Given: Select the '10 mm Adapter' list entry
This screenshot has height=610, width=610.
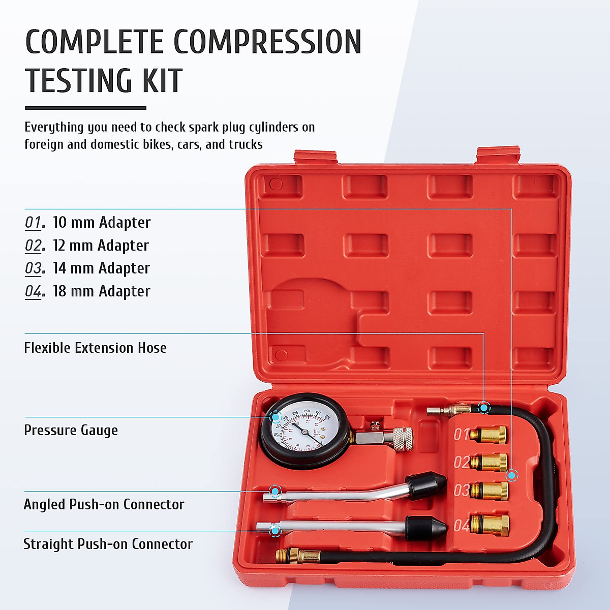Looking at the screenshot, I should (x=101, y=223).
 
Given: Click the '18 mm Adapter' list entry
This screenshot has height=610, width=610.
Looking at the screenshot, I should (x=101, y=291).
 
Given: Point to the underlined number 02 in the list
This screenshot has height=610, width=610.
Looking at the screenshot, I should (x=34, y=246).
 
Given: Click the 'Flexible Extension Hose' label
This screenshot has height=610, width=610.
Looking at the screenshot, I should (x=95, y=348).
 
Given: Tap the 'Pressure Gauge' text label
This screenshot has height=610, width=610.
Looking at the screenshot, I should (x=71, y=430).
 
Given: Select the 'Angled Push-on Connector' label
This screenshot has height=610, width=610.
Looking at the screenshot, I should (x=104, y=504).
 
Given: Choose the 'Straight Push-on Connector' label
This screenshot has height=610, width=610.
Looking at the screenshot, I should (x=108, y=544).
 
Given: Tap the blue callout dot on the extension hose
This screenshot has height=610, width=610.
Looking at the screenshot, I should (x=484, y=407).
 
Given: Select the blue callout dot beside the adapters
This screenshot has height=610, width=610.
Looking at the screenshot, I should (x=512, y=476).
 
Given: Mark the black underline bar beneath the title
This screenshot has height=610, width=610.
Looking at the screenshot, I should (x=85, y=108).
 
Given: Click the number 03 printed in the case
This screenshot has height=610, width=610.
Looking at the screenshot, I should (x=461, y=490).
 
